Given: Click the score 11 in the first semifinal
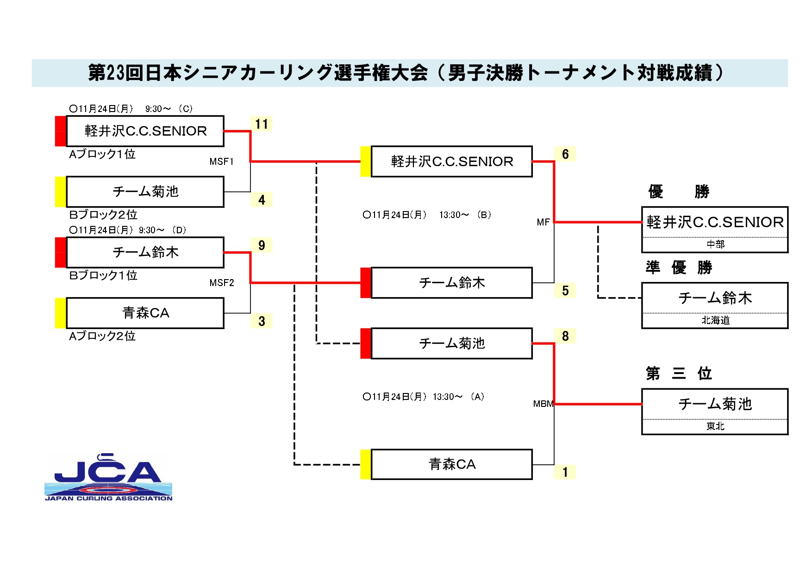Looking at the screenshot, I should [262, 124].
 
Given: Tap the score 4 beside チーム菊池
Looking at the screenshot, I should [262, 200].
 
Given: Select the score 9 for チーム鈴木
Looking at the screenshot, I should [262, 245].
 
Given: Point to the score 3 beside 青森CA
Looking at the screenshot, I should [262, 321].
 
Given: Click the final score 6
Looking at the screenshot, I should [565, 154].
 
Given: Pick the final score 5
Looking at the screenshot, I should [565, 291].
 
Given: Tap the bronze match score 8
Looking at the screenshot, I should [565, 336].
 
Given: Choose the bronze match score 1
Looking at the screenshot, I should [565, 472].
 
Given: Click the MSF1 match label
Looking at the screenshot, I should [221, 162].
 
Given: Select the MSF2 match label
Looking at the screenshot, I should [221, 283].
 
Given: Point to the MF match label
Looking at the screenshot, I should [543, 222].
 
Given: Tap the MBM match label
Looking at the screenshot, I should [543, 404].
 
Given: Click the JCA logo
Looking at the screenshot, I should [108, 477].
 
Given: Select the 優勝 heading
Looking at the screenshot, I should [679, 191].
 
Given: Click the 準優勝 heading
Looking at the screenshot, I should [679, 267].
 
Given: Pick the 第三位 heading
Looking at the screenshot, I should [679, 373].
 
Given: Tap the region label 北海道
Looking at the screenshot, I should [715, 320].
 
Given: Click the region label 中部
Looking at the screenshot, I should [715, 244].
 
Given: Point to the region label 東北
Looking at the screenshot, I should [715, 426].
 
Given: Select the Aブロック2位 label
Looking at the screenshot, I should [102, 336].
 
